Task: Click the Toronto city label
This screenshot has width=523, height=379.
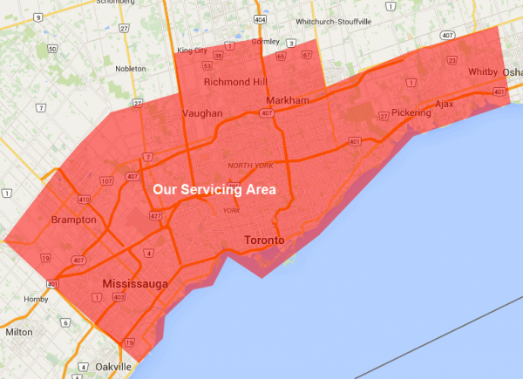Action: [x=264, y=240]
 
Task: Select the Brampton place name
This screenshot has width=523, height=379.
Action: [x=73, y=220]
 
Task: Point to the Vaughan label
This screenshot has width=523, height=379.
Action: [x=202, y=113]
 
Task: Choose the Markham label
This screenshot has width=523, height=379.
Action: [x=288, y=101]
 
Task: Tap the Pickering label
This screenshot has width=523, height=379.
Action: [x=411, y=112]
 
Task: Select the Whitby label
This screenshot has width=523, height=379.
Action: [x=482, y=71]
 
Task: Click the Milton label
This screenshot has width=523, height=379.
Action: [x=18, y=332]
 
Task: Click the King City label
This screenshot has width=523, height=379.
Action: [x=193, y=51]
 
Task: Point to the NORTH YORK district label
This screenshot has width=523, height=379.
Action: [x=250, y=166]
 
